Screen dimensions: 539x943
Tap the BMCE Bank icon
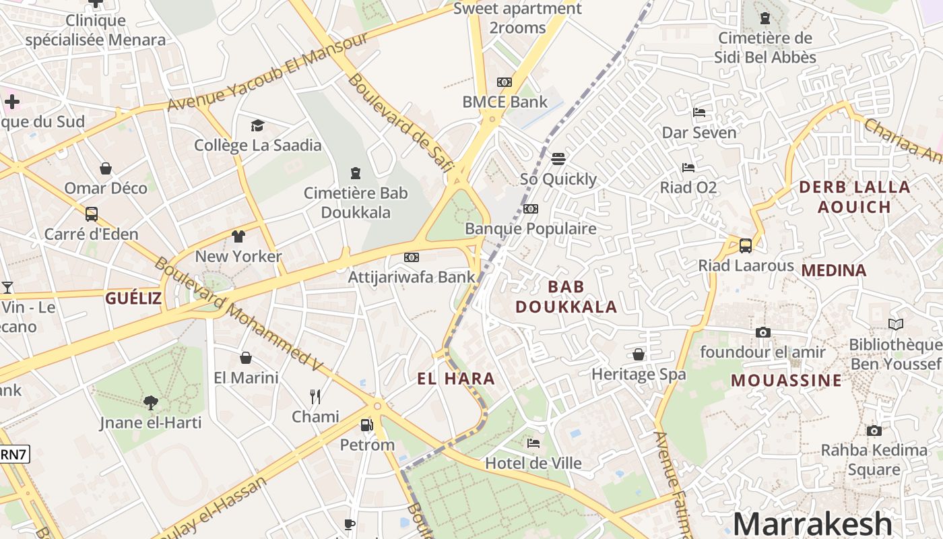coord(504,83)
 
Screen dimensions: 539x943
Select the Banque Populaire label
coord(531,228)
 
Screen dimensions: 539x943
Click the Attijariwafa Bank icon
coord(412,257)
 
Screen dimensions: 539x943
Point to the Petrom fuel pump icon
coord(366,425)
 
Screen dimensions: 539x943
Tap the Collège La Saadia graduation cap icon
coord(257,126)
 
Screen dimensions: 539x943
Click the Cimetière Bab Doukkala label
coord(356,203)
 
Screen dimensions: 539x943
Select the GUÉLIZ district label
coord(133,298)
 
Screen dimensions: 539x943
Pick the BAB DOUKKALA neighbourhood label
coord(566,296)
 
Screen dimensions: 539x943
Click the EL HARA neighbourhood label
coord(456,379)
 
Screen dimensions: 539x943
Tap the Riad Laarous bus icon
coord(746,246)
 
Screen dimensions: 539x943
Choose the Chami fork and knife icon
coord(315,396)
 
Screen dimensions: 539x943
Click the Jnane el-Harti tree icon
coord(151,403)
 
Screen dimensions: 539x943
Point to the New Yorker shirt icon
coord(238,236)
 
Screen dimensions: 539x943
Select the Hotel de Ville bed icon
coord(533,443)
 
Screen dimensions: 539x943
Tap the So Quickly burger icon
coord(558,159)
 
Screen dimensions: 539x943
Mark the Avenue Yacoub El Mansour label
coord(267,72)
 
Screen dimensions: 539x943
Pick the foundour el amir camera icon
coord(762,332)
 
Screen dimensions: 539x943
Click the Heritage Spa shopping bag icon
coord(638,354)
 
